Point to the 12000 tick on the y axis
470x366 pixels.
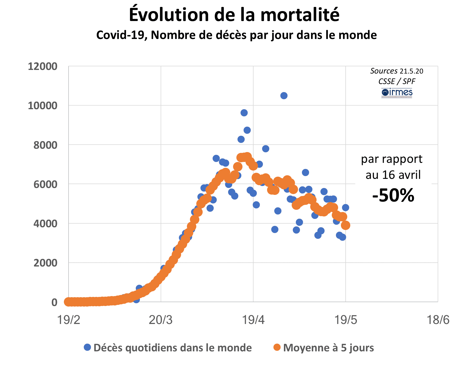pyautogui.click(x=43, y=67)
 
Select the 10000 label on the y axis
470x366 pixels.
pyautogui.click(x=43, y=106)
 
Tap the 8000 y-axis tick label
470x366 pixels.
pyautogui.click(x=45, y=145)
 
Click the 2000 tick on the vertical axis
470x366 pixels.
pyautogui.click(x=45, y=263)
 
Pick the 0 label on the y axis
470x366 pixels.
pyautogui.click(x=54, y=302)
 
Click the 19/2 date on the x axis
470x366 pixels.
pyautogui.click(x=69, y=320)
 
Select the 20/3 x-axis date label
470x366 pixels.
pyautogui.click(x=161, y=320)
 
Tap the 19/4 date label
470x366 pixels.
pyautogui.click(x=253, y=320)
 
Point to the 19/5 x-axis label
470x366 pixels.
pyautogui.click(x=346, y=320)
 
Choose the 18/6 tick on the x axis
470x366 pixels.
pyautogui.click(x=438, y=320)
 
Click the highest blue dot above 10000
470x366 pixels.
pyautogui.click(x=284, y=96)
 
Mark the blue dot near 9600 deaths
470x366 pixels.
pyautogui.click(x=244, y=113)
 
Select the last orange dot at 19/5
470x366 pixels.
pyautogui.click(x=346, y=225)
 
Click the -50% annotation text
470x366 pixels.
pyautogui.click(x=393, y=195)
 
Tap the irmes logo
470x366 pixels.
pyautogui.click(x=397, y=93)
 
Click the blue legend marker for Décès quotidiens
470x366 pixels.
pyautogui.click(x=87, y=347)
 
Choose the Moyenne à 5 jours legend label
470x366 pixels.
pyautogui.click(x=328, y=348)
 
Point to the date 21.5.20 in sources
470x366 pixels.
pyautogui.click(x=411, y=71)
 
